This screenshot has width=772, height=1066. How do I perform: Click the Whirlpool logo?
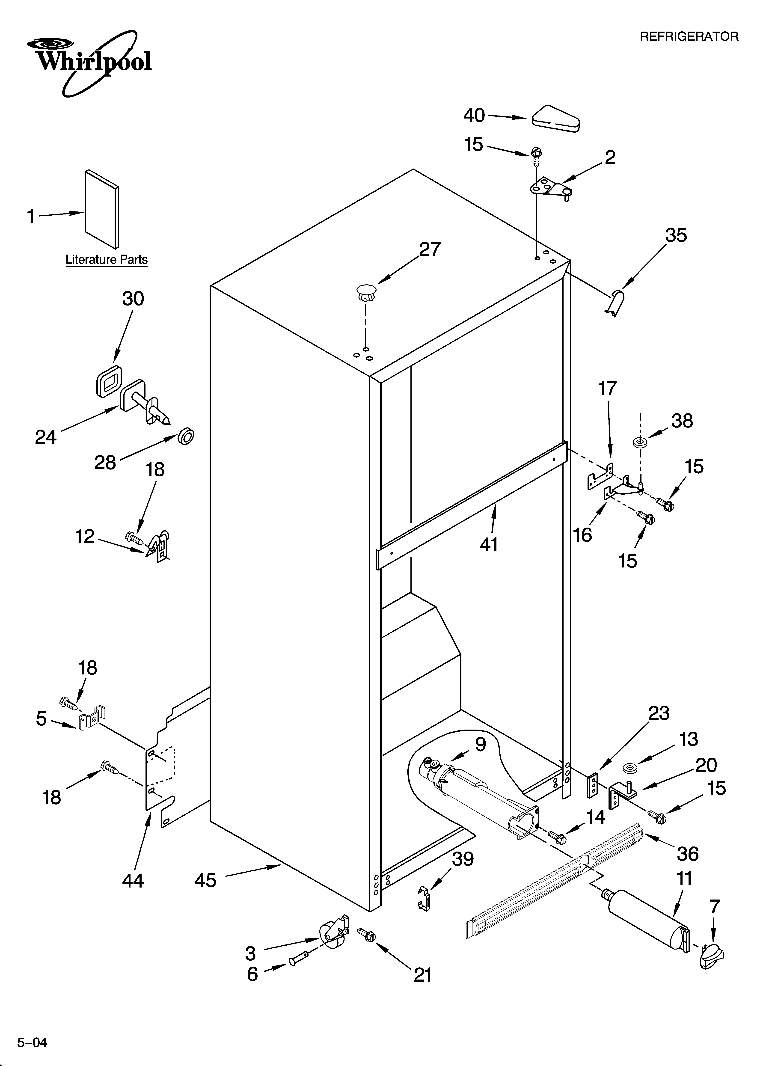pyautogui.click(x=89, y=61)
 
